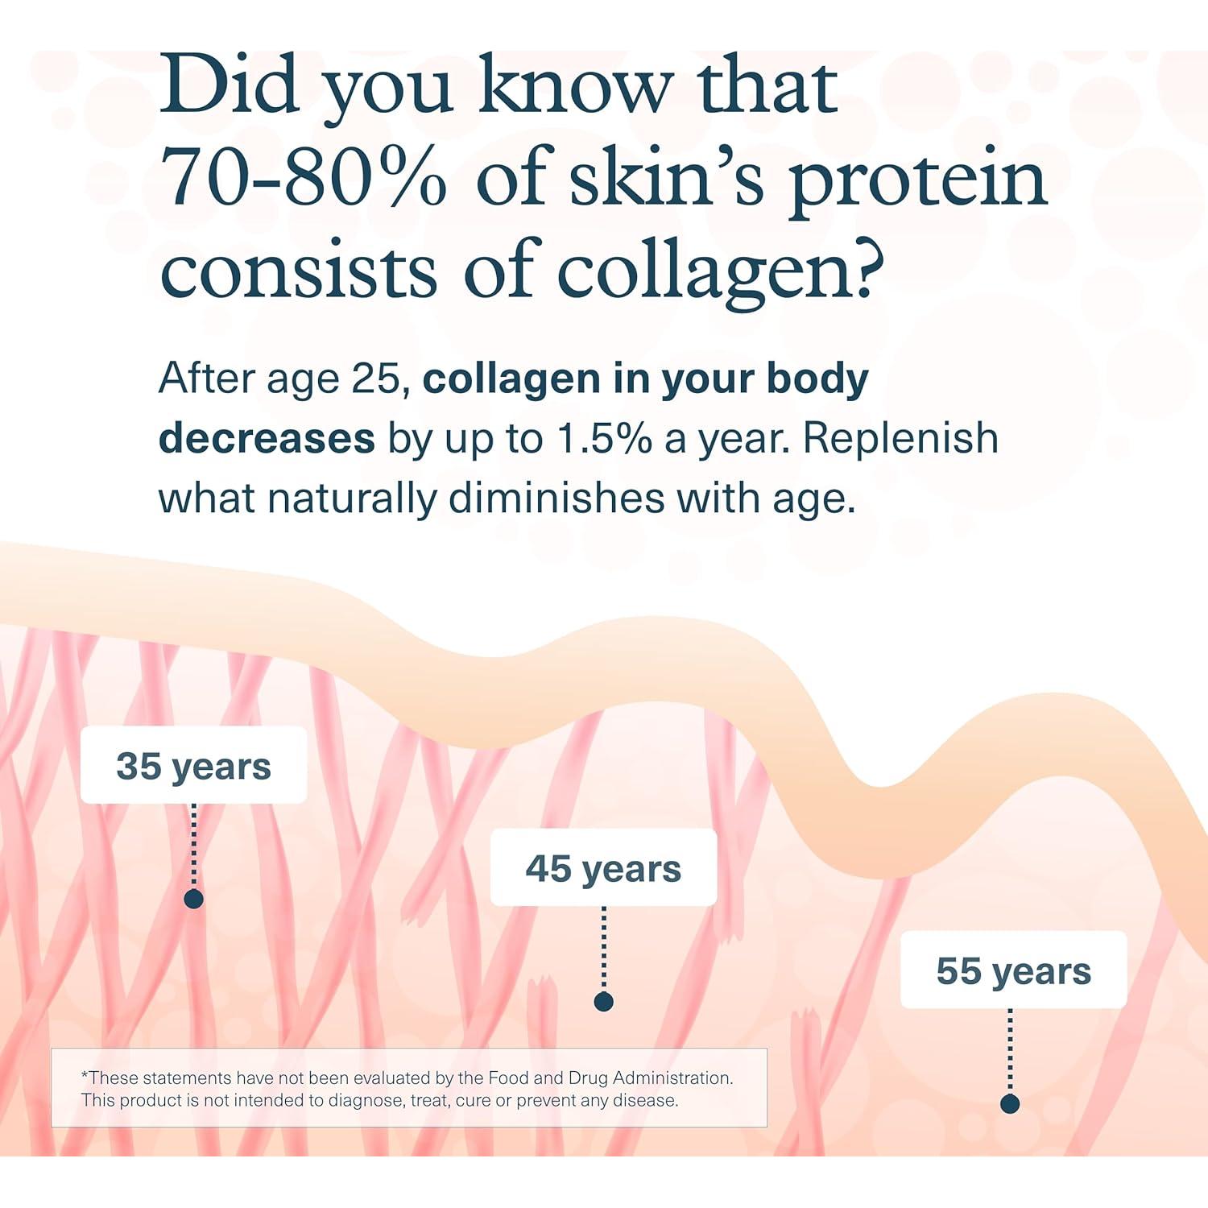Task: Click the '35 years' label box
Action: click(x=193, y=765)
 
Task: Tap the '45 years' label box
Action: click(x=603, y=867)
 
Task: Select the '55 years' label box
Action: click(x=1013, y=970)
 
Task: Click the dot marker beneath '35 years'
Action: click(x=193, y=899)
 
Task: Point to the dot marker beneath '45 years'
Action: click(x=603, y=1001)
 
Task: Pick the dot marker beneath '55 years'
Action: click(x=1010, y=1103)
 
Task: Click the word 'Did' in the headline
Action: click(x=230, y=85)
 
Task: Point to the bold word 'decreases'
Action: click(x=267, y=438)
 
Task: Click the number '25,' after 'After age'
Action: click(x=382, y=379)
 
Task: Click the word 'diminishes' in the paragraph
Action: click(x=556, y=498)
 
